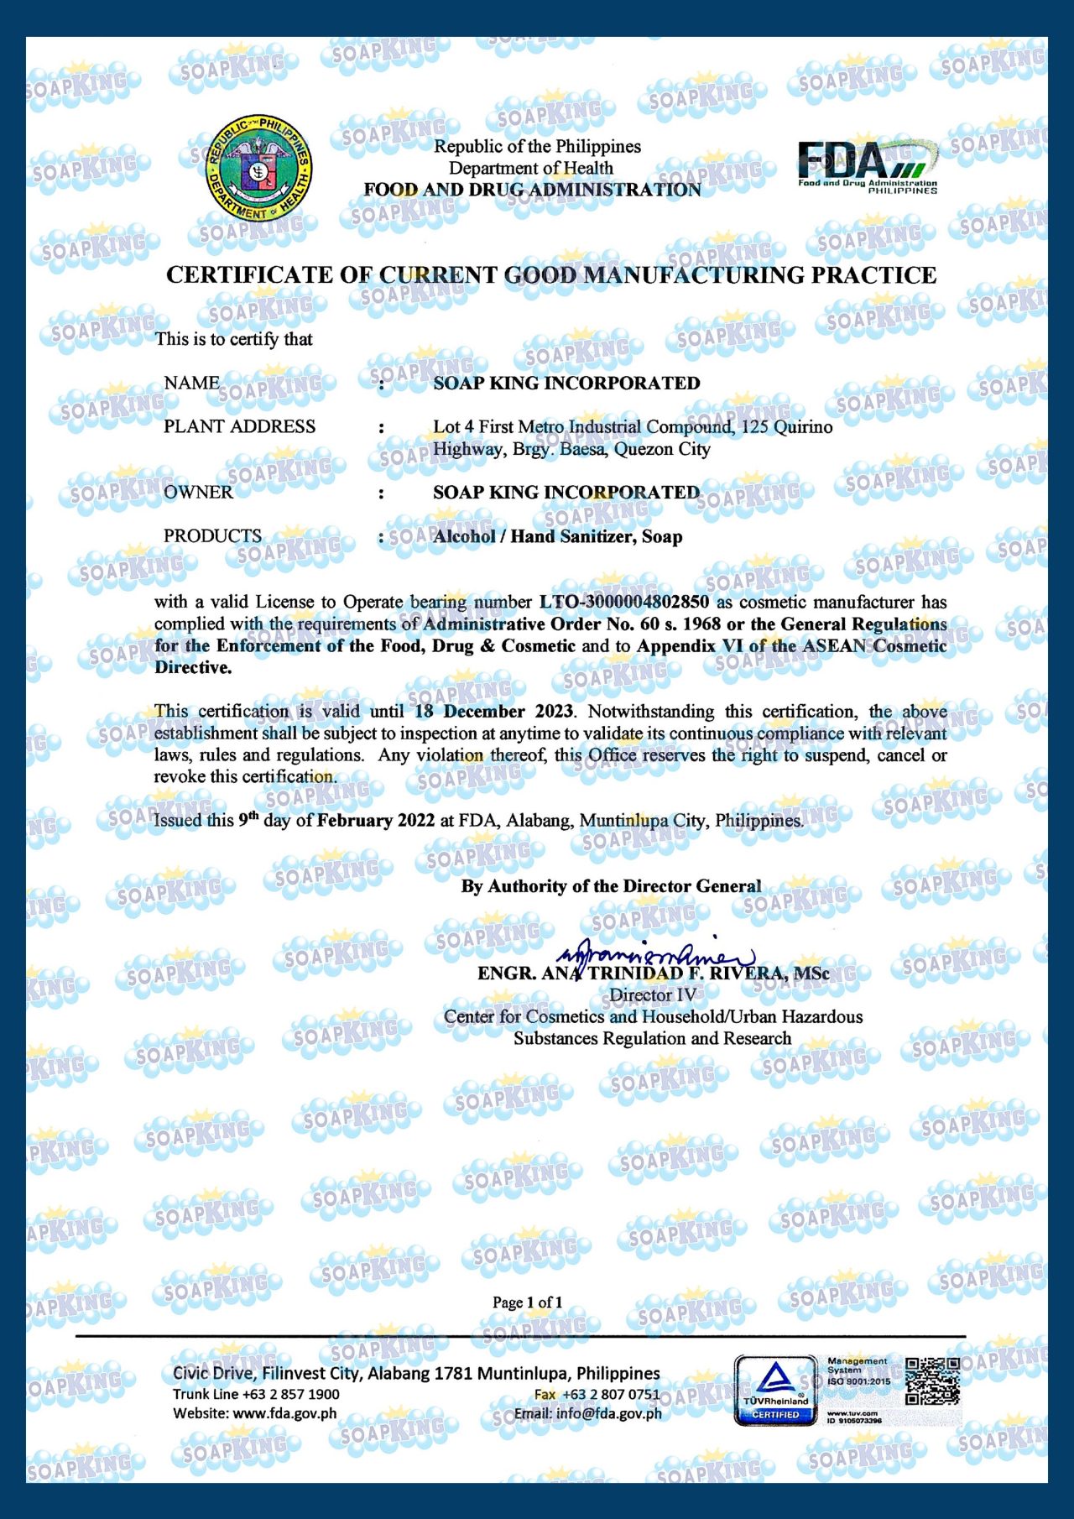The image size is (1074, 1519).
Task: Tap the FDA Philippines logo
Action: (x=867, y=166)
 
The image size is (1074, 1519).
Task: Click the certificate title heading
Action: (x=551, y=275)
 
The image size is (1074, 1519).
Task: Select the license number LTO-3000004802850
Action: (x=623, y=602)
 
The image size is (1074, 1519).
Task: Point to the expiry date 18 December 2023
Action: (x=494, y=712)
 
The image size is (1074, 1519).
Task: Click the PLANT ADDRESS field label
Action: (x=239, y=426)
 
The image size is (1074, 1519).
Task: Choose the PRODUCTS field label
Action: (x=212, y=535)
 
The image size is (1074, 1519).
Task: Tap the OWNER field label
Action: (x=198, y=492)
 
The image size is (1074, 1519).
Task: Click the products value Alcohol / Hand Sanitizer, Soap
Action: (x=557, y=536)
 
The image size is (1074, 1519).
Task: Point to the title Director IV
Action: (x=652, y=995)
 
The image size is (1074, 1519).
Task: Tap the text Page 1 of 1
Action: (x=527, y=1302)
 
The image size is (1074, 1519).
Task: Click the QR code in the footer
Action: (x=932, y=1382)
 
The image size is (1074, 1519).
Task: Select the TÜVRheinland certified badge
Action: (x=775, y=1391)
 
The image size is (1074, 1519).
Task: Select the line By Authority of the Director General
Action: (x=611, y=886)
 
